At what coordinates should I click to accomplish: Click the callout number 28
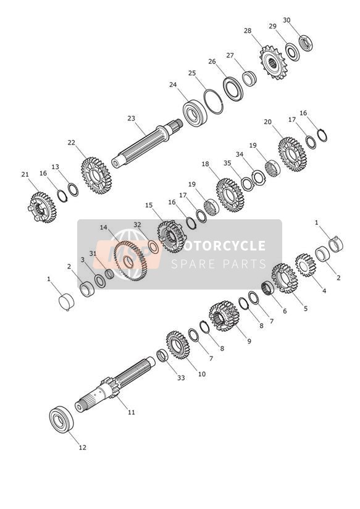click(248, 31)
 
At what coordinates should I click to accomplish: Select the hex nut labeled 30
click(305, 43)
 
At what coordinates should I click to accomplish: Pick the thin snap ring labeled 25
click(213, 101)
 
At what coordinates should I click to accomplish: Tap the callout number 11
click(131, 412)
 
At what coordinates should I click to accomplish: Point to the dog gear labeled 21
click(41, 208)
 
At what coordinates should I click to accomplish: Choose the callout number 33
click(181, 377)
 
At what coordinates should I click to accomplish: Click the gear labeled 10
click(178, 345)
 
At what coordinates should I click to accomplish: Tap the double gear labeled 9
click(224, 316)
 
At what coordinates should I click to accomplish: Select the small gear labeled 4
click(306, 265)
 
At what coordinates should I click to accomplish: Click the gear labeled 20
click(293, 154)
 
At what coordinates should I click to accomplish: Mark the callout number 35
click(227, 163)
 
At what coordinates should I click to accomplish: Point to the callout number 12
click(83, 447)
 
